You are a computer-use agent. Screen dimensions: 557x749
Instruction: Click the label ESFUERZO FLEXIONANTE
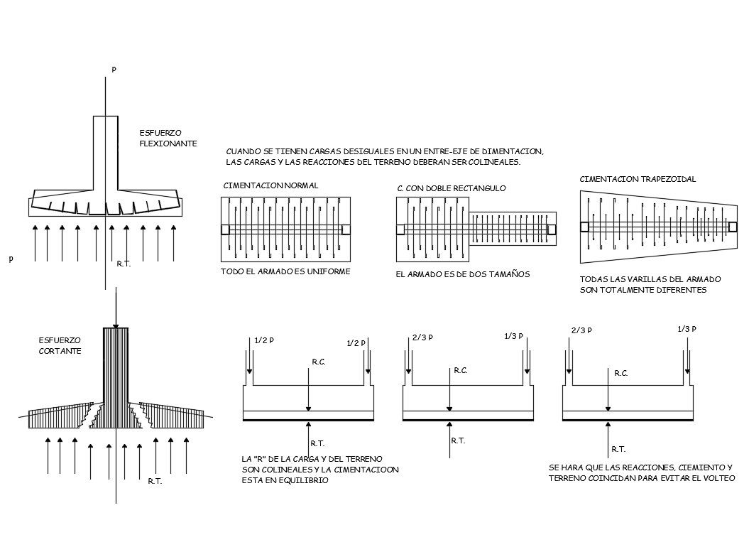(x=168, y=138)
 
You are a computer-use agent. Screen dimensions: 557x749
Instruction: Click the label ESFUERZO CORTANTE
(x=60, y=345)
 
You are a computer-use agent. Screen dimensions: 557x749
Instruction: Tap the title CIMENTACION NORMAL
(x=270, y=185)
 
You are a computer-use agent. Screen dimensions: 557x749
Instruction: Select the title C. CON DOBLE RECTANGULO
(x=451, y=188)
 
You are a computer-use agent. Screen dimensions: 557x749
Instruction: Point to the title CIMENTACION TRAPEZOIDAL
(x=638, y=180)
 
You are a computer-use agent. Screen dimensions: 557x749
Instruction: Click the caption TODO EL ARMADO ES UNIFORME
(x=285, y=272)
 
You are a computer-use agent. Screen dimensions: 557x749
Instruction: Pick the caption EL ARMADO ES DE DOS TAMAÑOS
(x=462, y=274)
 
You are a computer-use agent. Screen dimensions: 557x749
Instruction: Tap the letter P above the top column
(x=114, y=70)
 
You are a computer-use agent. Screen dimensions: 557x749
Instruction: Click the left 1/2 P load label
(x=263, y=340)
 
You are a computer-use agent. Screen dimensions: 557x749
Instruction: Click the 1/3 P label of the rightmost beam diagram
(x=687, y=328)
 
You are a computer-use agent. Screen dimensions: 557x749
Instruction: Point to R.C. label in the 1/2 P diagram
(x=318, y=362)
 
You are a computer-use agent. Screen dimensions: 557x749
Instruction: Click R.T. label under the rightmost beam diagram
(x=618, y=449)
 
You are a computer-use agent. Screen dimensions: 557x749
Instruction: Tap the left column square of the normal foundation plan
(x=225, y=229)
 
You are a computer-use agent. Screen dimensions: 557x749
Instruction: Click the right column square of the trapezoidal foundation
(x=733, y=227)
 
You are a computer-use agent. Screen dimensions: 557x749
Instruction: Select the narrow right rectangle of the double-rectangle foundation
(x=513, y=229)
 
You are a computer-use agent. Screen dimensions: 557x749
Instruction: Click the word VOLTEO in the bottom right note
(x=718, y=478)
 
